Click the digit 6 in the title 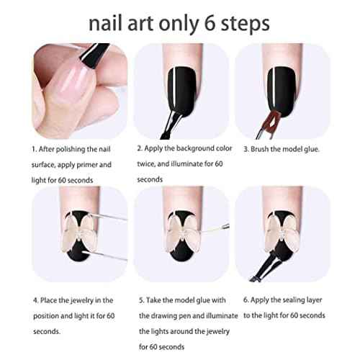[x=210, y=24]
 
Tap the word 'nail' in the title [x=106, y=23]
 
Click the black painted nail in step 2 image [x=181, y=92]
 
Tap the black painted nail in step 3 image [x=282, y=92]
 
